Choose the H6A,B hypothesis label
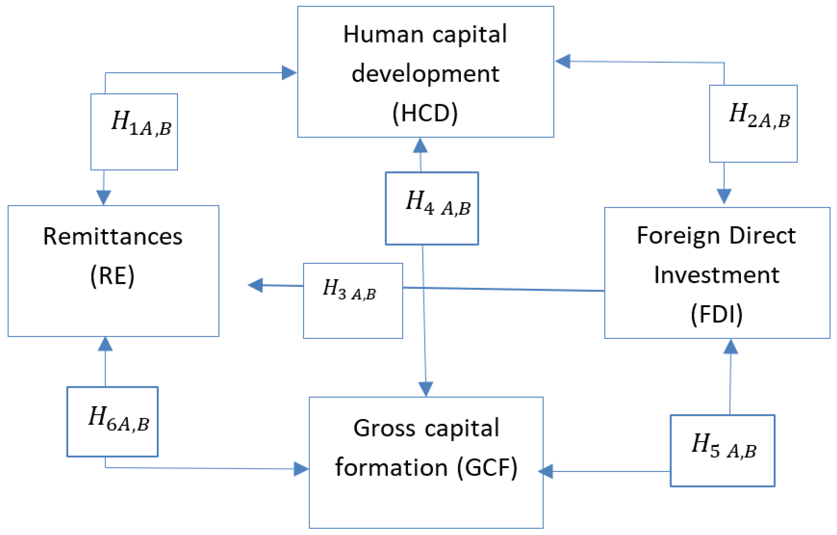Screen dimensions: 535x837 click(118, 419)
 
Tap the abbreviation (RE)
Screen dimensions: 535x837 click(112, 276)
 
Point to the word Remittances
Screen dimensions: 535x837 click(113, 237)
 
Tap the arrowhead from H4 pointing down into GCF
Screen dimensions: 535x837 click(426, 389)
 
